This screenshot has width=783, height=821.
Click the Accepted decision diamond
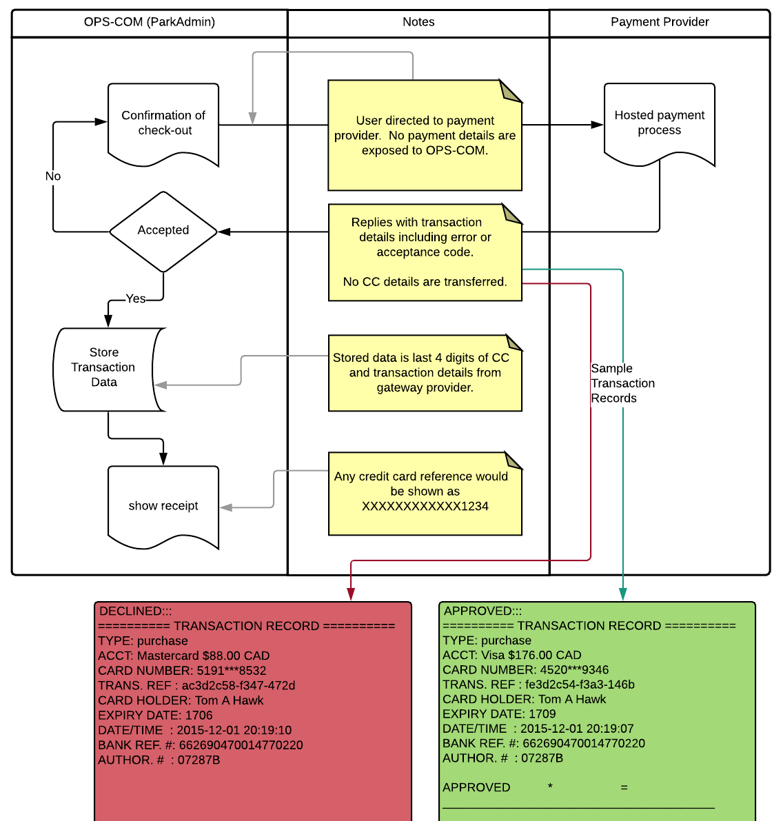pos(163,232)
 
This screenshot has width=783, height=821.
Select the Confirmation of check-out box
pos(163,125)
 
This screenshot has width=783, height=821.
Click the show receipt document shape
pos(163,507)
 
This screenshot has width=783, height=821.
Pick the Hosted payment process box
pos(660,124)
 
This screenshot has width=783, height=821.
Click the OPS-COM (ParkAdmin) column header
pos(150,22)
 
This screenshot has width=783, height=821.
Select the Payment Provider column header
pos(660,22)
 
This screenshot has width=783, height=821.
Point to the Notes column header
pos(418,22)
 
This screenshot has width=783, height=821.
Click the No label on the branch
pos(53,176)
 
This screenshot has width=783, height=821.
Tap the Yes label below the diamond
pos(136,298)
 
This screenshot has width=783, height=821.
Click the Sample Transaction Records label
pos(623,383)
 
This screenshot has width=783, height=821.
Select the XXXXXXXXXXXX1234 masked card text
pos(425,507)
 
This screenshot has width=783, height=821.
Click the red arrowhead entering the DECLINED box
pos(351,594)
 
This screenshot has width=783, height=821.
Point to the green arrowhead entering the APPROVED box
pos(623,594)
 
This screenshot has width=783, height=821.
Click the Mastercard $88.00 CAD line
pos(184,656)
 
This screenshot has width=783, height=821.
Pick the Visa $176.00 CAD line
pos(512,655)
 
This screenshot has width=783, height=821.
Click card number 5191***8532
pos(232,671)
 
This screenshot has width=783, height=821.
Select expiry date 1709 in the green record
pos(542,713)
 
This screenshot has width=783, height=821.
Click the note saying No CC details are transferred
pos(425,282)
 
